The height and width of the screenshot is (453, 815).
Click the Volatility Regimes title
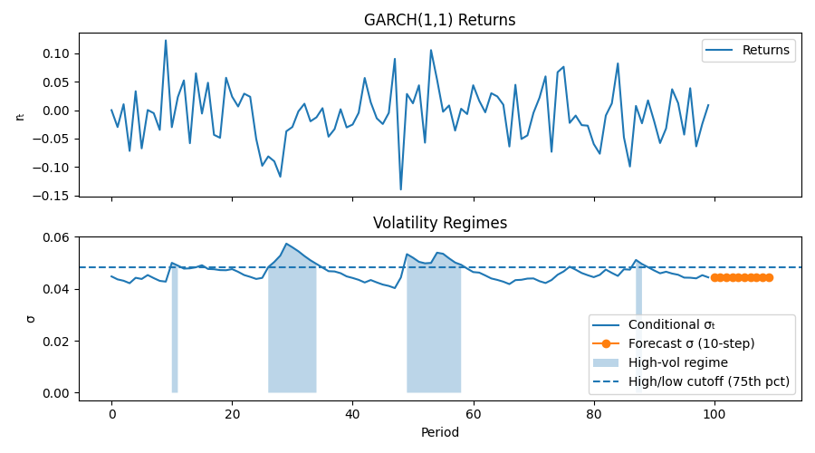(x=440, y=223)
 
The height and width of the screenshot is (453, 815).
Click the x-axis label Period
(x=440, y=432)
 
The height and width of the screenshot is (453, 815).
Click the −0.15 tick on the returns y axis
(x=54, y=196)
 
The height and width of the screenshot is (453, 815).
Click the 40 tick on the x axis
(x=352, y=410)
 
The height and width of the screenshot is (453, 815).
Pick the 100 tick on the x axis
(x=714, y=410)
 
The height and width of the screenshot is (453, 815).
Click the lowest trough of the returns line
(x=400, y=188)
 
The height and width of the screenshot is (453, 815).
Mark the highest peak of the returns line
(x=166, y=41)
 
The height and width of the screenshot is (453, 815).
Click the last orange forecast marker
(x=769, y=277)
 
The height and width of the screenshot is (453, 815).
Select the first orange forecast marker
(x=714, y=277)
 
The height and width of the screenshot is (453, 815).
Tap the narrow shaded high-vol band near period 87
(x=638, y=331)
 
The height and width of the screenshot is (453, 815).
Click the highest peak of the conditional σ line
(x=286, y=244)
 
